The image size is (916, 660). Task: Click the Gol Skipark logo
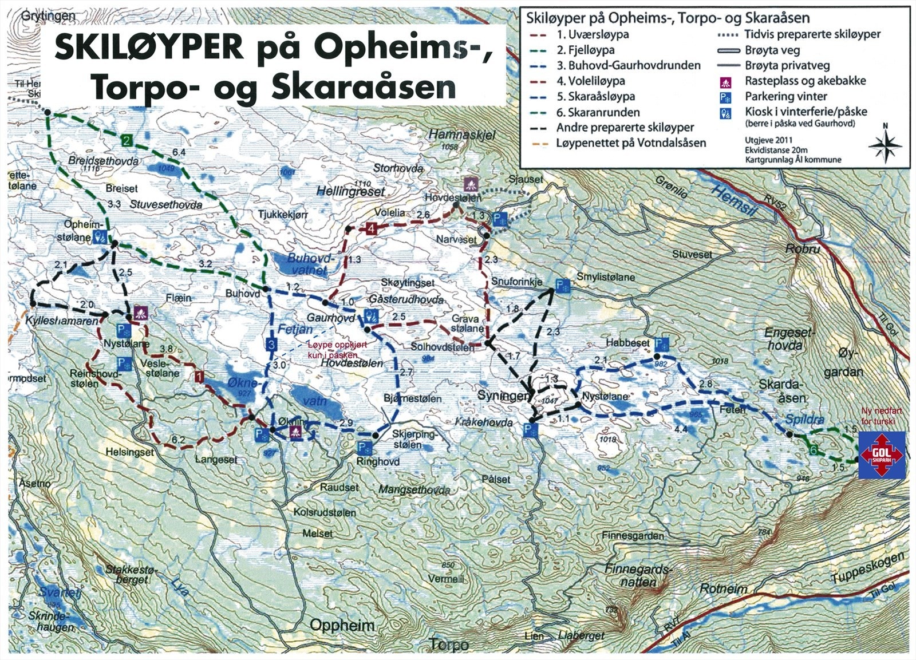(882, 455)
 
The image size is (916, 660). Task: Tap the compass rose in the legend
(885, 144)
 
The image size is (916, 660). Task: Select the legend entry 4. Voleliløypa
(591, 81)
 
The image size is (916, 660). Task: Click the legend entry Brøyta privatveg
(787, 65)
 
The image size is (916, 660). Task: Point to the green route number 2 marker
(127, 140)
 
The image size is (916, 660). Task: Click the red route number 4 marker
(372, 229)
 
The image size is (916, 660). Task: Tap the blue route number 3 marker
(271, 345)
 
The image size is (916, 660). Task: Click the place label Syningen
(503, 396)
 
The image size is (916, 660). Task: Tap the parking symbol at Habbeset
(661, 343)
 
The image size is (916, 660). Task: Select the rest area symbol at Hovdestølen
(471, 184)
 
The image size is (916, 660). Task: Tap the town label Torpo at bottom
(449, 645)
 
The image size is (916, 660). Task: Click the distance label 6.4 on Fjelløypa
(179, 152)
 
